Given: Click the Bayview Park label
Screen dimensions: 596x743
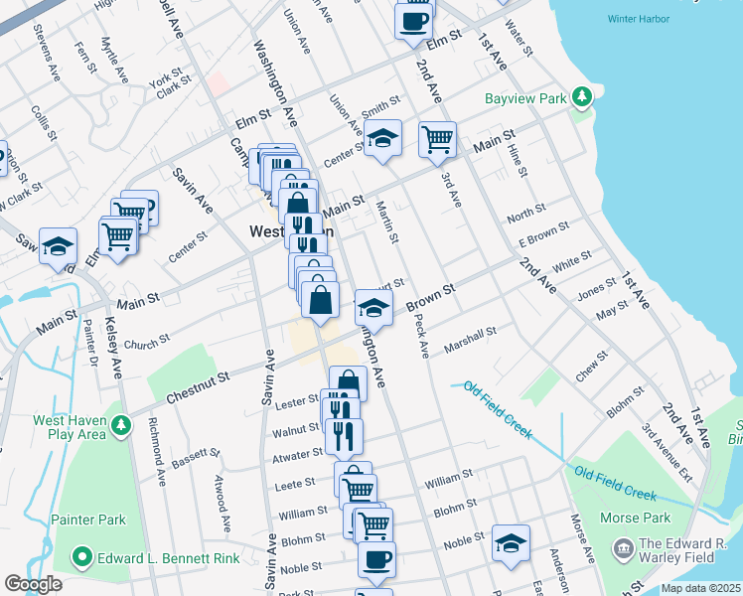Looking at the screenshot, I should [x=524, y=99].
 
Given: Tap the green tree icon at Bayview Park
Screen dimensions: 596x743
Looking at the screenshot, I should [x=582, y=98].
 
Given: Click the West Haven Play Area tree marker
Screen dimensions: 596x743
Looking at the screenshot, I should [x=120, y=425].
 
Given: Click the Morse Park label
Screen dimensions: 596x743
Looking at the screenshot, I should [x=637, y=518].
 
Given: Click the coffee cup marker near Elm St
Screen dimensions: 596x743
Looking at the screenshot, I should [x=414, y=20].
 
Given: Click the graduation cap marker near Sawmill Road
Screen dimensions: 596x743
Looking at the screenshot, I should [x=59, y=245].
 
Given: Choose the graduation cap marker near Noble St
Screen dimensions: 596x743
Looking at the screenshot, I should [x=511, y=542].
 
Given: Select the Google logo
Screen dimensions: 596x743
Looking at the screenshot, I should [x=34, y=584].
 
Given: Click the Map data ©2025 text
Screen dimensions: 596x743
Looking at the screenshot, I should [x=699, y=588].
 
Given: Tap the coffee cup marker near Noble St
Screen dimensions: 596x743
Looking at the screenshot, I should [x=376, y=559].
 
